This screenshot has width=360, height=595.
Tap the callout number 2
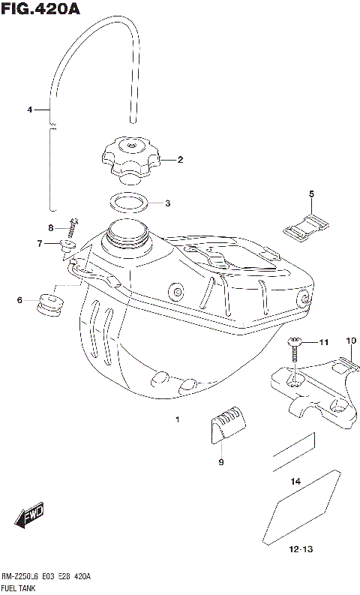click(180, 159)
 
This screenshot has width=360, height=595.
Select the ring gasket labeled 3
click(128, 203)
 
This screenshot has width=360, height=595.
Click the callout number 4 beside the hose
click(30, 110)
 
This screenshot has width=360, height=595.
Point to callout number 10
click(349, 341)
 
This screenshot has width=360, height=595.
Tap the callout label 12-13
click(300, 549)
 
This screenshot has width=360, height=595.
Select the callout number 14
click(295, 481)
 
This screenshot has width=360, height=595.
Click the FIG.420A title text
click(40, 9)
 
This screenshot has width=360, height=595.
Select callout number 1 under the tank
click(177, 419)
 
